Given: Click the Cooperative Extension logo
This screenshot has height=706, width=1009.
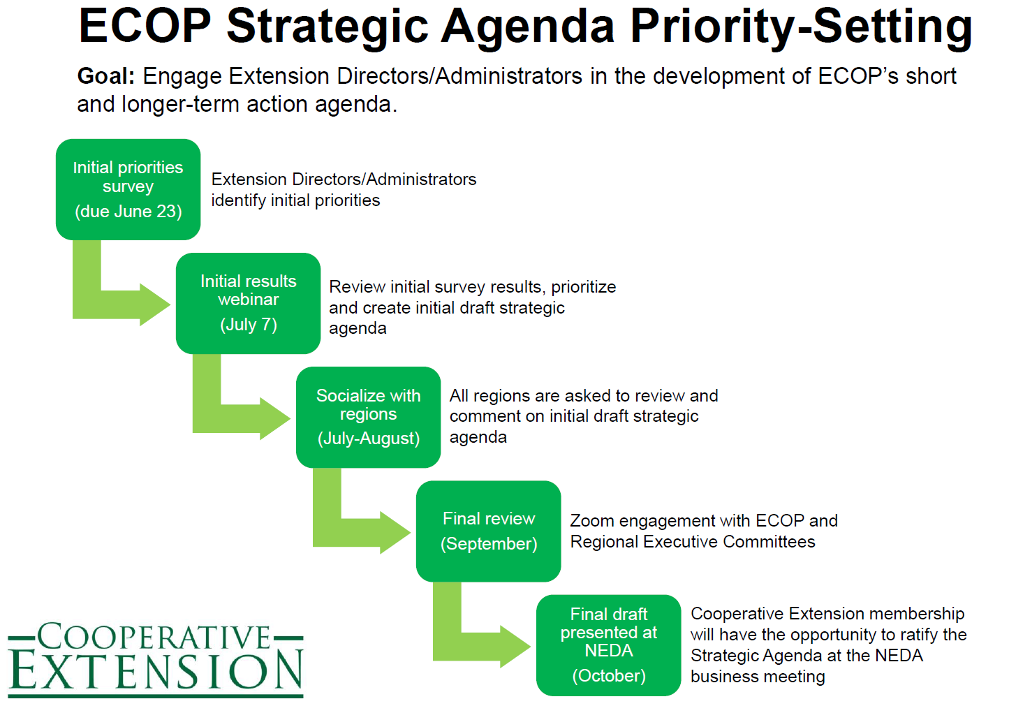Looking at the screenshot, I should coord(156,659).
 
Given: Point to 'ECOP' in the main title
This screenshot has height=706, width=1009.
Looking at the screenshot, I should coord(145,27).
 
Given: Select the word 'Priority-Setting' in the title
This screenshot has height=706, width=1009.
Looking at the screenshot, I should coord(801,27).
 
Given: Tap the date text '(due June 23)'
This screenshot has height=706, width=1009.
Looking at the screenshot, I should coord(128,212).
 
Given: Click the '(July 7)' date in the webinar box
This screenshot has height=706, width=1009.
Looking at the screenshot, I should coord(249,325).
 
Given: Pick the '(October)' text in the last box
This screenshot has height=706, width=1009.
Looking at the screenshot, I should coord(609,676).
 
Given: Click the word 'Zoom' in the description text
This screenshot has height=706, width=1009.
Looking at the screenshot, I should coord(592,521).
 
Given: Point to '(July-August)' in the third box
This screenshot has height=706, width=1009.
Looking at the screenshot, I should coord(369,439).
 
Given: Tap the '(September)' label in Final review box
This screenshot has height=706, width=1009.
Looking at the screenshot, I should coord(489,544).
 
